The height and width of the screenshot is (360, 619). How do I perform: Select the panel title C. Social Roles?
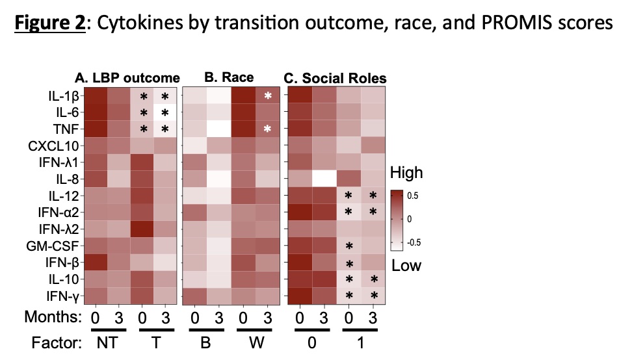click(x=336, y=79)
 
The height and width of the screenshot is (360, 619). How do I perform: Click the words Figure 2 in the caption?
click(x=50, y=23)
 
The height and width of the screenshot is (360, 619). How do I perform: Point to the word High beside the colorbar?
click(x=406, y=173)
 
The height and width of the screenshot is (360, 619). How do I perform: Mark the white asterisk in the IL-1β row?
click(x=267, y=96)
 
